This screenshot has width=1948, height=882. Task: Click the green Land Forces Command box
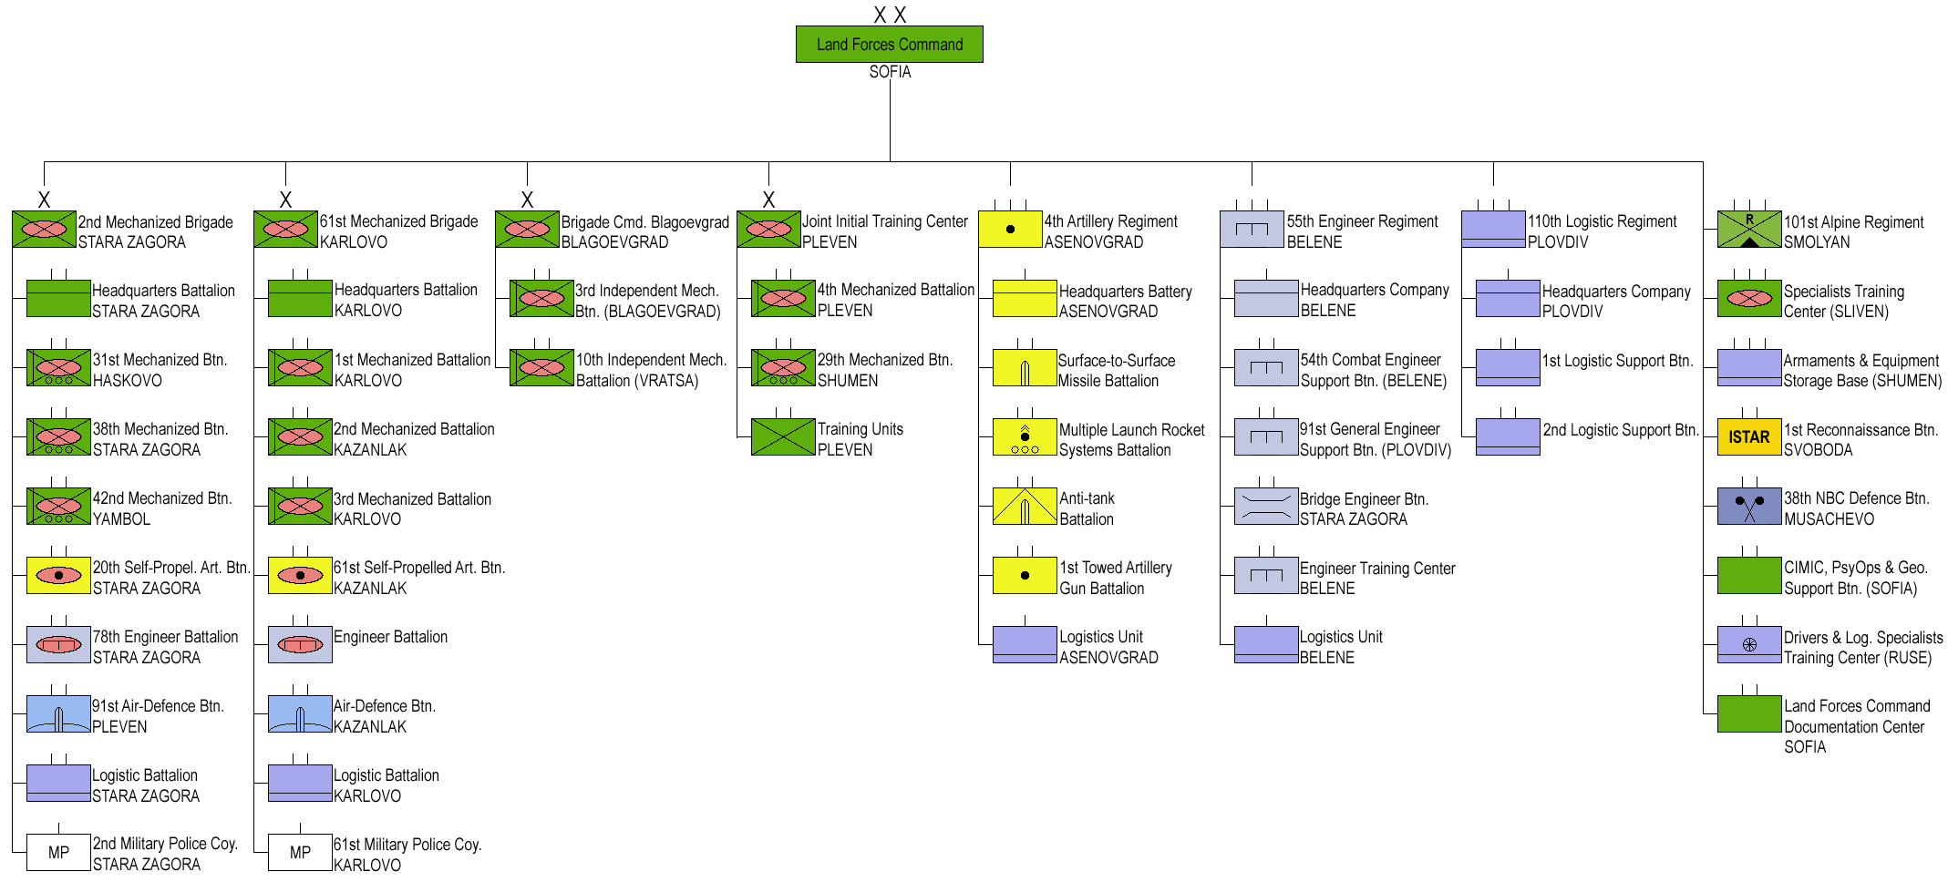889,44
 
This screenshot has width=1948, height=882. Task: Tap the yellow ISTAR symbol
1748,437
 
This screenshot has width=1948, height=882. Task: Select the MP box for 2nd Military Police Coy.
58,853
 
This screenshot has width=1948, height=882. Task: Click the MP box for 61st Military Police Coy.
300,853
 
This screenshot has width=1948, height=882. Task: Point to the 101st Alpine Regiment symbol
1748,230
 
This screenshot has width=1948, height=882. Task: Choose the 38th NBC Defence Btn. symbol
1748,507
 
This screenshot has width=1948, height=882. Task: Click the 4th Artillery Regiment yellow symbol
1010,230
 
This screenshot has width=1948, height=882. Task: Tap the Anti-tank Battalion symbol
1024,507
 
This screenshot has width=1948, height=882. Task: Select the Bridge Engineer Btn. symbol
1265,507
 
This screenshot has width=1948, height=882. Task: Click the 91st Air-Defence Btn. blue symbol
58,714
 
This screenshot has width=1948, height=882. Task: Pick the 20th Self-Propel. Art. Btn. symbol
58,576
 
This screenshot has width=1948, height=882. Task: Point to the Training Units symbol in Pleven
782,437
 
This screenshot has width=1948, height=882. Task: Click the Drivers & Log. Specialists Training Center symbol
1748,645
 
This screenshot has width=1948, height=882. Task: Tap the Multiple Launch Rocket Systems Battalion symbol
1024,437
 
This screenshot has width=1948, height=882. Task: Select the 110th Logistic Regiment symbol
1492,230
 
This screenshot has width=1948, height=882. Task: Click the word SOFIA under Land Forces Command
890,72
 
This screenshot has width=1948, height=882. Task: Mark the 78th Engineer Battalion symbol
58,645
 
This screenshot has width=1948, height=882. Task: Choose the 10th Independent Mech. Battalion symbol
541,368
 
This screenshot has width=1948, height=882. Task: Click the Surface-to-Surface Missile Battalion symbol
1024,368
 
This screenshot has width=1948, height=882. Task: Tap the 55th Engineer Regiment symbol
1252,230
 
